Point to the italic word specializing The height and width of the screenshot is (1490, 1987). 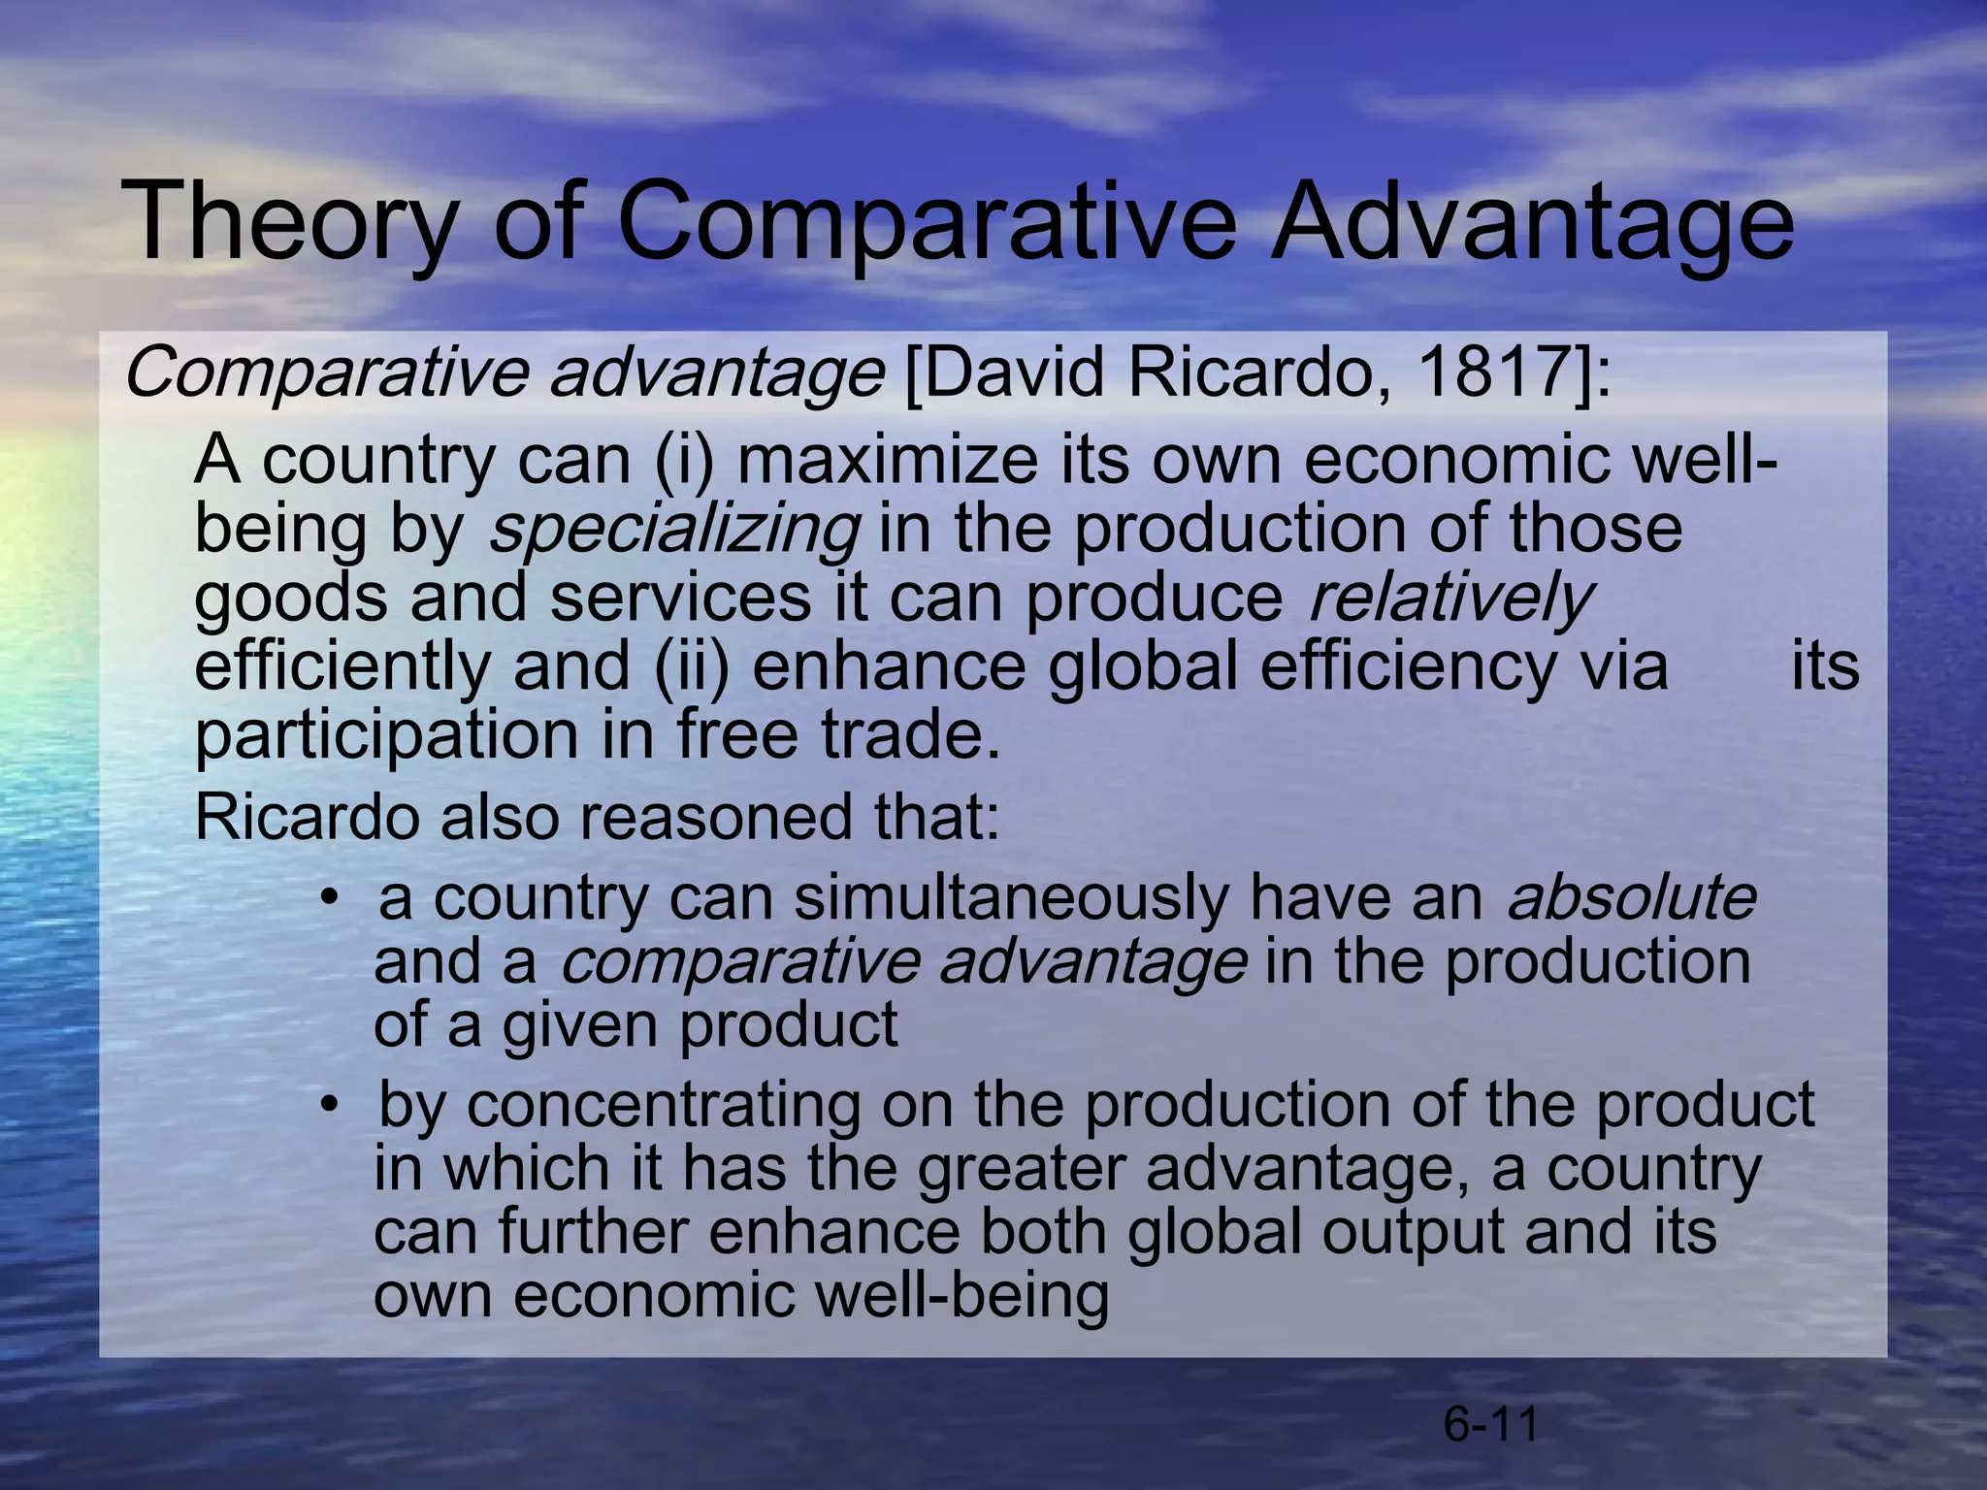673,530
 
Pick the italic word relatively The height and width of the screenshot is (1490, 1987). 1450,598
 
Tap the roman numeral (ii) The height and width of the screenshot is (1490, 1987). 691,666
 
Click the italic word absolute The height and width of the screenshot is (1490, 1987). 1631,896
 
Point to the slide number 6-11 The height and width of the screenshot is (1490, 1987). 1491,1425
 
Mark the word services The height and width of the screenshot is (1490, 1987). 680,598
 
